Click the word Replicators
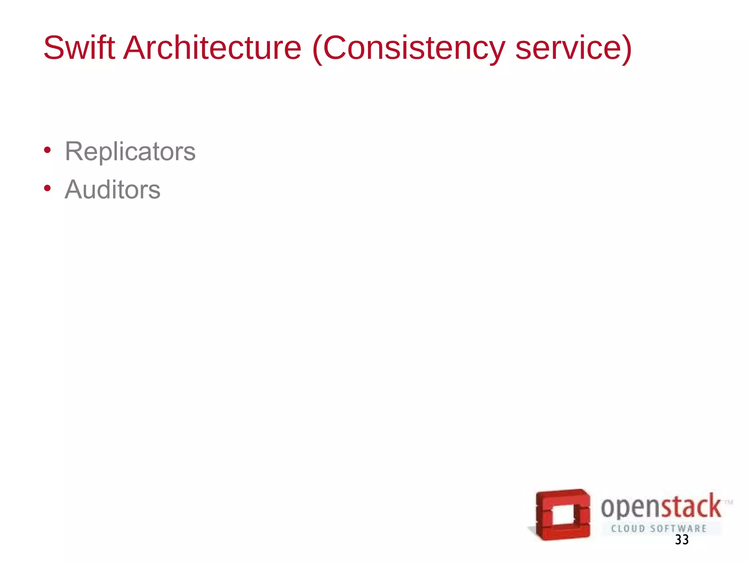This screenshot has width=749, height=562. click(x=130, y=151)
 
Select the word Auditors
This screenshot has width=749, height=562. click(x=113, y=190)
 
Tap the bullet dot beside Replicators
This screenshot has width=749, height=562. click(x=47, y=150)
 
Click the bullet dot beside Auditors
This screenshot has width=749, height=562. click(x=47, y=188)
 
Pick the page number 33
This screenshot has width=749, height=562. click(x=682, y=540)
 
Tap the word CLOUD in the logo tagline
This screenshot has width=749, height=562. click(x=628, y=529)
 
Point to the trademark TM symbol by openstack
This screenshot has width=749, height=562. click(x=729, y=502)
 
